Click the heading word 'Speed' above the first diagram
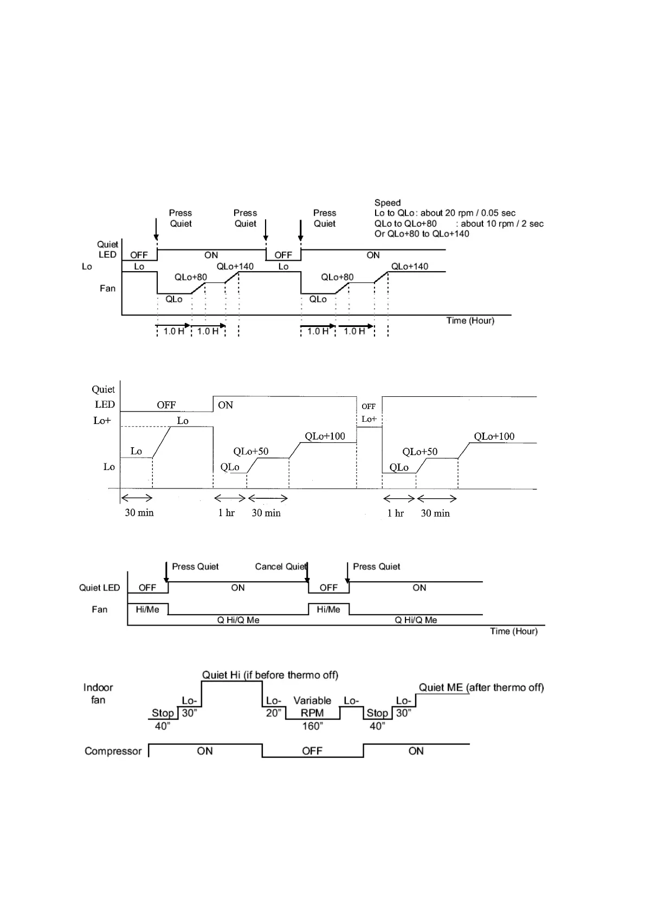[x=387, y=203]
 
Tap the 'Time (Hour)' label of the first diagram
[x=470, y=320]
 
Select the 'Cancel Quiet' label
[x=281, y=567]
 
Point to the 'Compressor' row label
[x=113, y=751]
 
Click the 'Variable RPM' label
[x=312, y=707]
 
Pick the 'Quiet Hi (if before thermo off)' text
[x=270, y=675]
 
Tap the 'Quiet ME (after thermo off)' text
[x=481, y=687]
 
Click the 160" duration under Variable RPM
[x=312, y=726]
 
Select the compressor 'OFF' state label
[x=312, y=751]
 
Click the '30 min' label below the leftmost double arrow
[x=139, y=512]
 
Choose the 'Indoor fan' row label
[x=98, y=693]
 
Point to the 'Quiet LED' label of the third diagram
[x=99, y=588]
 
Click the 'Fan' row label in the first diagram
[x=107, y=288]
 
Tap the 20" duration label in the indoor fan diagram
[x=273, y=713]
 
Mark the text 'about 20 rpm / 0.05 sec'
[x=468, y=213]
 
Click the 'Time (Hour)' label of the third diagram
[x=514, y=631]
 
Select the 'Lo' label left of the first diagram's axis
[x=87, y=266]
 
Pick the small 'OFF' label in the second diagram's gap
[x=369, y=406]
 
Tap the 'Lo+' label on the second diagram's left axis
[x=102, y=420]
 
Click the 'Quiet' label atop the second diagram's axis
[x=103, y=389]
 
